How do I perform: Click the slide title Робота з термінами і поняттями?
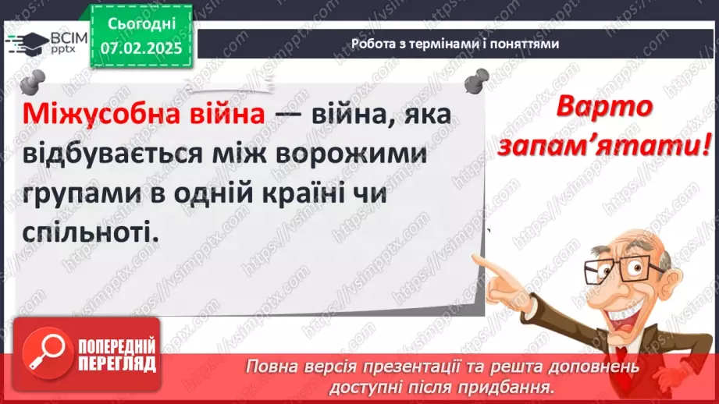point(455,44)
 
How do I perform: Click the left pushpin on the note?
point(31,81)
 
